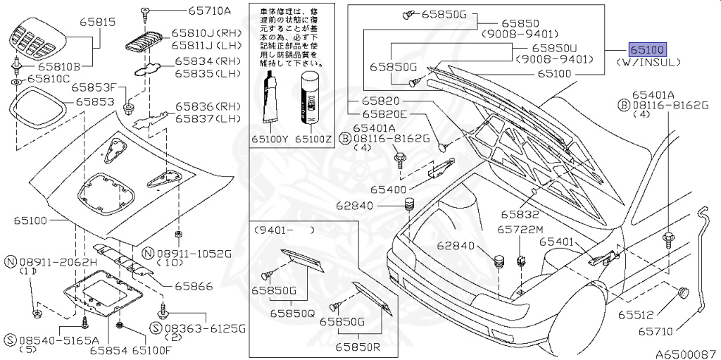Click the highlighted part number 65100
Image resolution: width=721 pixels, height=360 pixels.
pyautogui.click(x=647, y=49)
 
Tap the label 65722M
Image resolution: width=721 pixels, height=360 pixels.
pyautogui.click(x=520, y=230)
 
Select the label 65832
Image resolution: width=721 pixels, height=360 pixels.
pyautogui.click(x=520, y=213)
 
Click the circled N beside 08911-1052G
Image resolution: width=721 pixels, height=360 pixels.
pyautogui.click(x=148, y=253)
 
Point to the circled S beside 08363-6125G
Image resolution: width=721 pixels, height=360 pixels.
pyautogui.click(x=156, y=329)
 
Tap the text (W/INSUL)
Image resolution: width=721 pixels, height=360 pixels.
pyautogui.click(x=648, y=63)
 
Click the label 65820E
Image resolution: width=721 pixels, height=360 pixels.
pyautogui.click(x=385, y=113)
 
